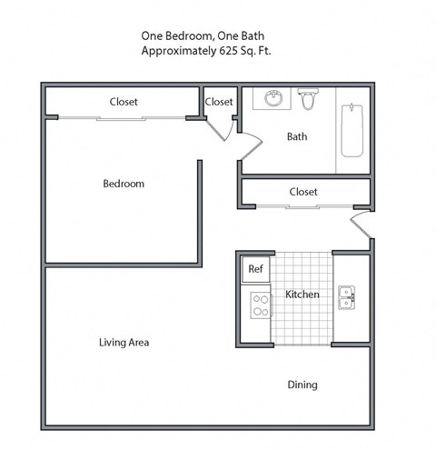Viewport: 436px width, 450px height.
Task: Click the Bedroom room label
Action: point(123,184)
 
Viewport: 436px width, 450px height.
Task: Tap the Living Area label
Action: point(124,343)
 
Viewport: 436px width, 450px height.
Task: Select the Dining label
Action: point(302,385)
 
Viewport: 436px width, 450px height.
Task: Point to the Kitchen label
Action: point(302,295)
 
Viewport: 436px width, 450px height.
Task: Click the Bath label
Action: point(297,137)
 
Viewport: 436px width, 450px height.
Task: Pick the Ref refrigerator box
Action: point(255,269)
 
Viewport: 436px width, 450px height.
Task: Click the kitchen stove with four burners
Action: point(259,304)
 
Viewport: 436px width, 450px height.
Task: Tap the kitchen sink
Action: point(346,297)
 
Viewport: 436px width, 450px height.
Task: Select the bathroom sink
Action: point(272,98)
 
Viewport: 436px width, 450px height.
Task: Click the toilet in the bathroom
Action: point(308,99)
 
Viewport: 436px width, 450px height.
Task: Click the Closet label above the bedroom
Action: point(124,102)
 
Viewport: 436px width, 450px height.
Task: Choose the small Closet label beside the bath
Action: point(219,102)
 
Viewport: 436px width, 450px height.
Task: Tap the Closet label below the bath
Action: point(303,192)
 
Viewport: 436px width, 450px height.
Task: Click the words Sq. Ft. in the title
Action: point(253,52)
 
